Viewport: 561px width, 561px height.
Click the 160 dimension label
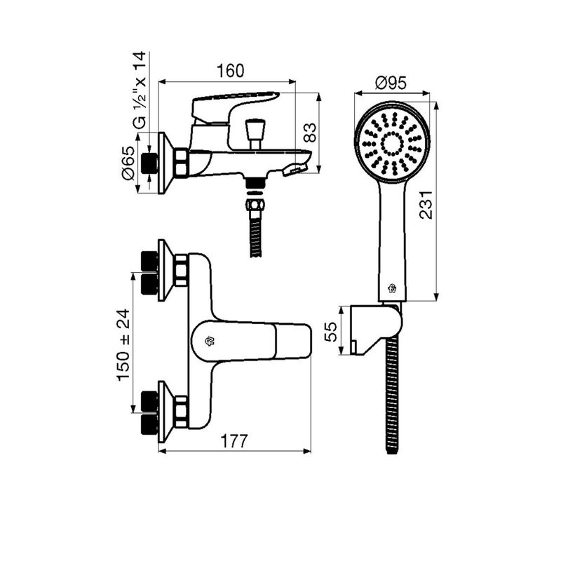(x=231, y=71)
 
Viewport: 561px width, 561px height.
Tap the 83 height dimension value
(x=310, y=133)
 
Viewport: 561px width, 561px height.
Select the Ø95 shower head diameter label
(x=391, y=83)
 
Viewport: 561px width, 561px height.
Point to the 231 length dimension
(x=426, y=205)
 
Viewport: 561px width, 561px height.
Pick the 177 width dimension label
(x=234, y=441)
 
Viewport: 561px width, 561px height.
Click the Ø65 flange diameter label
(x=128, y=163)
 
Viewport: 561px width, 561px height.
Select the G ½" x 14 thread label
(x=140, y=90)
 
